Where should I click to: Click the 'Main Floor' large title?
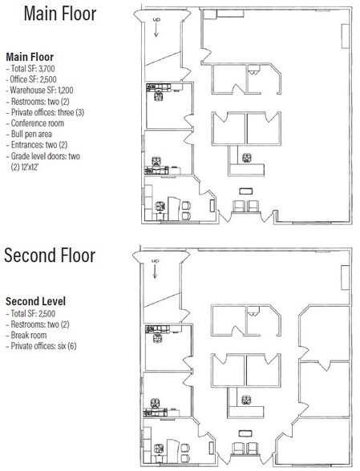tap(60, 14)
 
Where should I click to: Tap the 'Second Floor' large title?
tap(50, 256)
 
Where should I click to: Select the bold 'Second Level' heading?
tap(35, 301)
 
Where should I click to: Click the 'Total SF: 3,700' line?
tap(30, 69)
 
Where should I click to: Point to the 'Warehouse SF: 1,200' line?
tap(40, 90)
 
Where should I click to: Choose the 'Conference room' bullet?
tap(35, 123)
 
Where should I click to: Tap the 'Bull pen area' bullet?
tap(29, 134)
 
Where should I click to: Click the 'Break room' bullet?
tap(26, 335)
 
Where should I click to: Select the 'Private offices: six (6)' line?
tap(41, 346)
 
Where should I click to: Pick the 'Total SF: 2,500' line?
tap(30, 314)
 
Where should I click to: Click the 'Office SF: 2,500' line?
tap(31, 79)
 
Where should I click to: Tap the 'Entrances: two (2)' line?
tap(37, 145)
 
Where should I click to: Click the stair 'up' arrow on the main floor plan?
tap(156, 30)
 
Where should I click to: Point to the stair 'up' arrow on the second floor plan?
tap(156, 272)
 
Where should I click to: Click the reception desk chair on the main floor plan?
tap(247, 157)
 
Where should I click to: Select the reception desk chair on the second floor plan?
tap(246, 400)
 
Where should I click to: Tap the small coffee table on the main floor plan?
tap(245, 191)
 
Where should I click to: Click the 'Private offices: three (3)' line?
tap(45, 112)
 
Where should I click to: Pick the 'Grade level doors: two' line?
tap(43, 156)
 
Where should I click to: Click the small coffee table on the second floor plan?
tap(245, 433)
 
